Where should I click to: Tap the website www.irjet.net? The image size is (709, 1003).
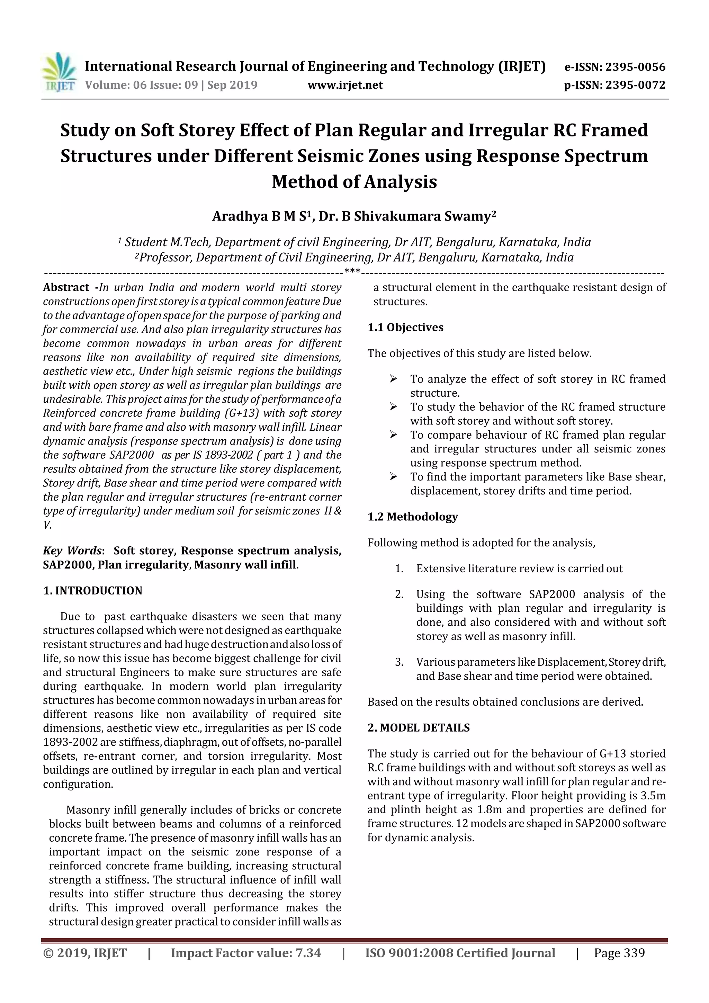(345, 85)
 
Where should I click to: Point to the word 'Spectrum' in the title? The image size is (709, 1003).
(605, 156)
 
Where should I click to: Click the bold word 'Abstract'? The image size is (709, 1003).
(66, 287)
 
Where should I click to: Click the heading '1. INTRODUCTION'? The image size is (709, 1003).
(93, 591)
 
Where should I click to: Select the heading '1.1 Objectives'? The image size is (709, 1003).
(405, 328)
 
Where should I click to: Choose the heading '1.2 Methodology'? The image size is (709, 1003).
(412, 517)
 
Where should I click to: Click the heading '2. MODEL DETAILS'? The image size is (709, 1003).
(419, 728)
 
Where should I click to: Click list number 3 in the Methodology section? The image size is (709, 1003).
(399, 662)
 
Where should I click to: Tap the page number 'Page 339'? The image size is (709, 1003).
(619, 953)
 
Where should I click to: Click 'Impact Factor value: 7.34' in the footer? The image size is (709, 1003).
(246, 953)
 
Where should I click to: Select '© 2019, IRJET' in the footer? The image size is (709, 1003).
(85, 953)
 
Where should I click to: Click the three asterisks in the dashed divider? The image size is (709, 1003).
(352, 272)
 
